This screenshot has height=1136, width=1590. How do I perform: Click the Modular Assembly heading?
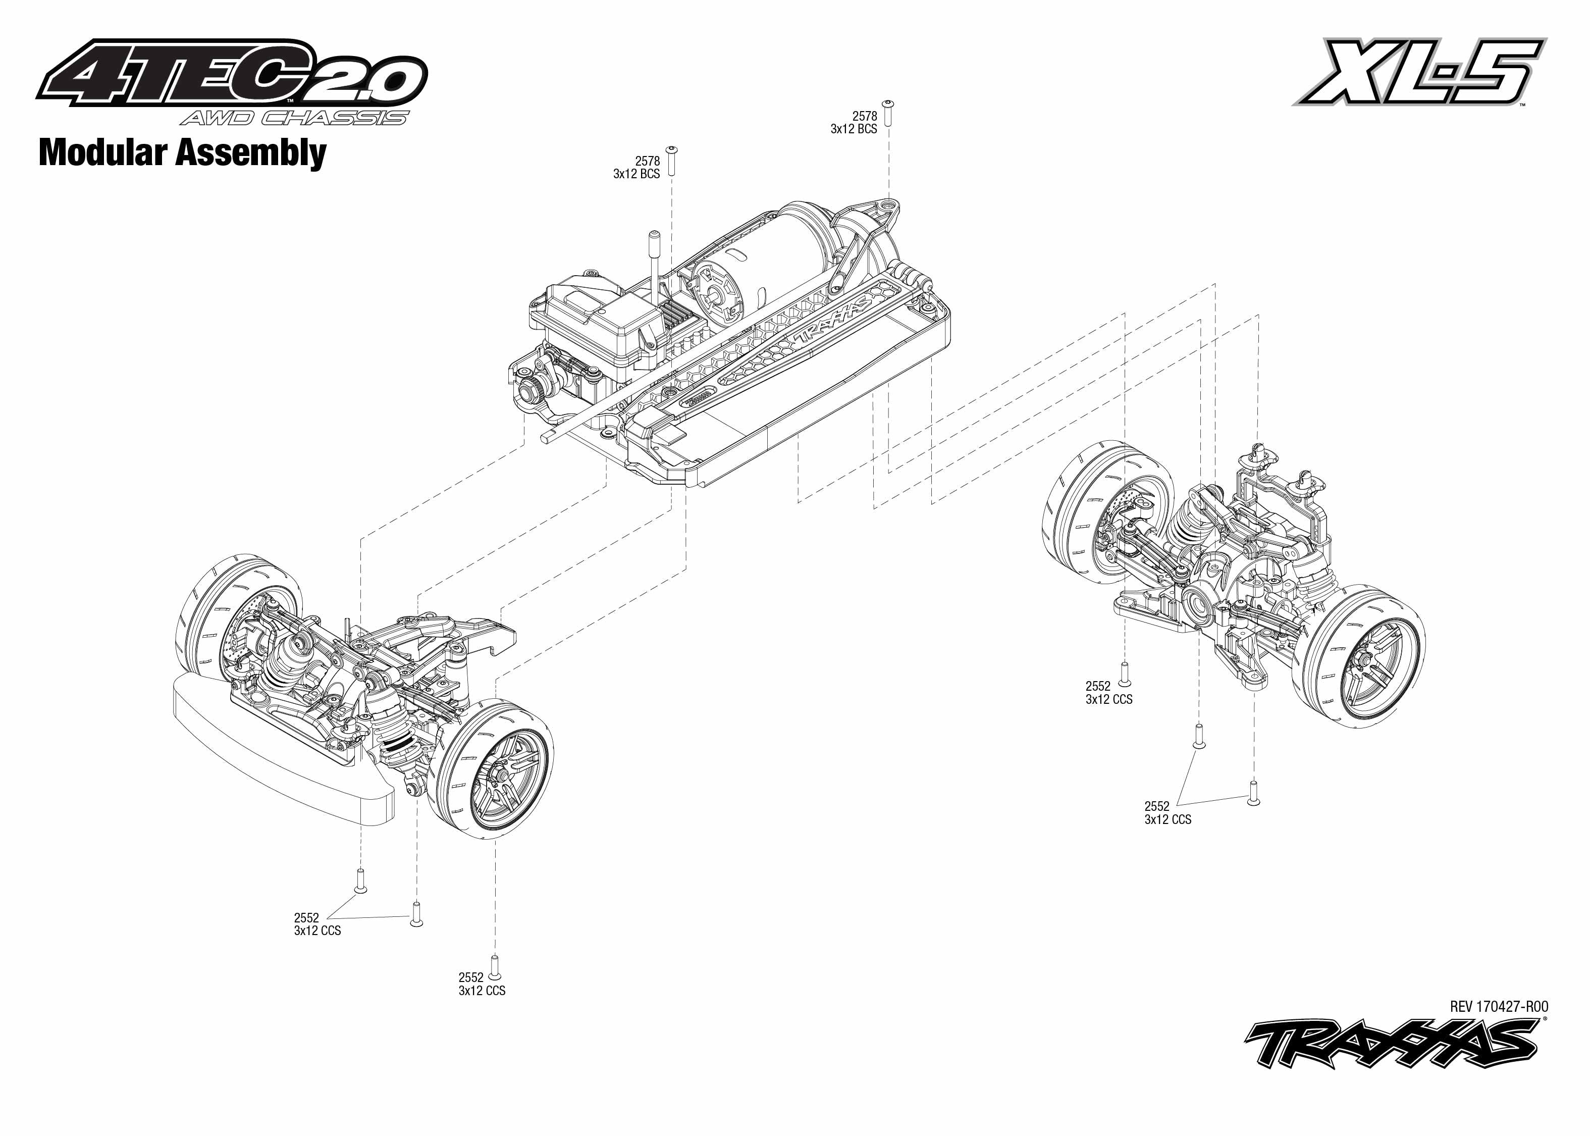(x=182, y=152)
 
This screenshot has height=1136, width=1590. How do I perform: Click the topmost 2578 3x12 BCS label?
(x=855, y=122)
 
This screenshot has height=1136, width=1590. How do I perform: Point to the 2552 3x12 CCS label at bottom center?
(x=482, y=984)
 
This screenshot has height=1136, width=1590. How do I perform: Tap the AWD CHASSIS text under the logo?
(x=294, y=118)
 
